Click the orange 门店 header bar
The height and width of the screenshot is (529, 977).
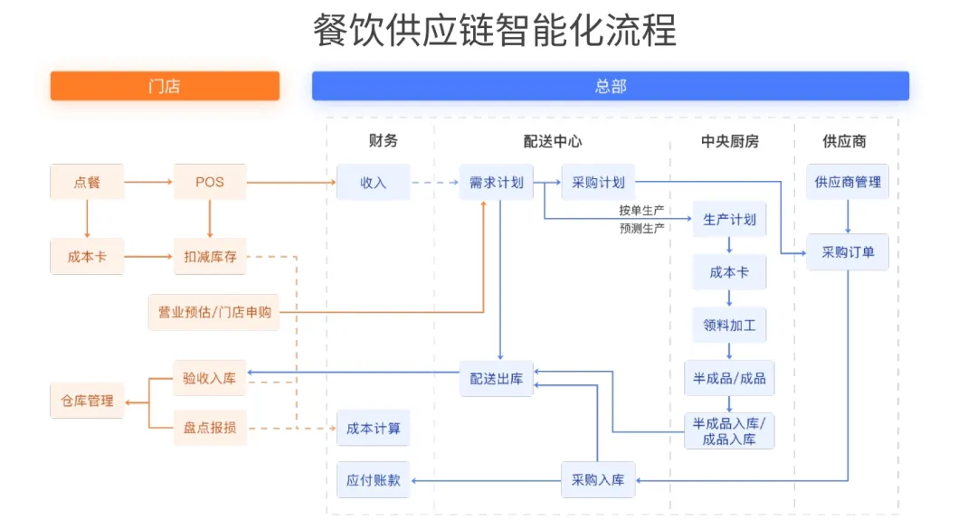(165, 86)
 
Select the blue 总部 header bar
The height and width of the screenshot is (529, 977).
(611, 86)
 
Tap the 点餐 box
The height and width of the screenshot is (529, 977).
(87, 183)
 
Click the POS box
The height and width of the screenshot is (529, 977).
(209, 183)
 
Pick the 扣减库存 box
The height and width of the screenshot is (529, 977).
(209, 257)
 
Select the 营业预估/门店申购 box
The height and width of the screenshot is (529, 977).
(214, 313)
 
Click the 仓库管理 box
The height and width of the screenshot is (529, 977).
(87, 401)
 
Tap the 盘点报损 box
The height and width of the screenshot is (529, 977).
(209, 428)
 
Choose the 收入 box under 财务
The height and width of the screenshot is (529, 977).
(373, 183)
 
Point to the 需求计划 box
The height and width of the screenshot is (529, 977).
(496, 183)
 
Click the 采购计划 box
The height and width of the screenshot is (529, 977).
(598, 183)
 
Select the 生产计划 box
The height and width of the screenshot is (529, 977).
(729, 220)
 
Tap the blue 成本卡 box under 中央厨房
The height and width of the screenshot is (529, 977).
(729, 272)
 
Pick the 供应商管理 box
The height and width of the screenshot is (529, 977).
(848, 183)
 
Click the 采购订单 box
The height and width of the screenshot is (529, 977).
(848, 252)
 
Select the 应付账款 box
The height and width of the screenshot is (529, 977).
(373, 480)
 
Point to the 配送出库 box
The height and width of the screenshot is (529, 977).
(496, 379)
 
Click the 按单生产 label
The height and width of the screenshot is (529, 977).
(642, 211)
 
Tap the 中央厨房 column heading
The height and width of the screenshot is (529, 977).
(729, 141)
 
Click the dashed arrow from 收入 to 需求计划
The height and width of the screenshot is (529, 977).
(434, 183)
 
